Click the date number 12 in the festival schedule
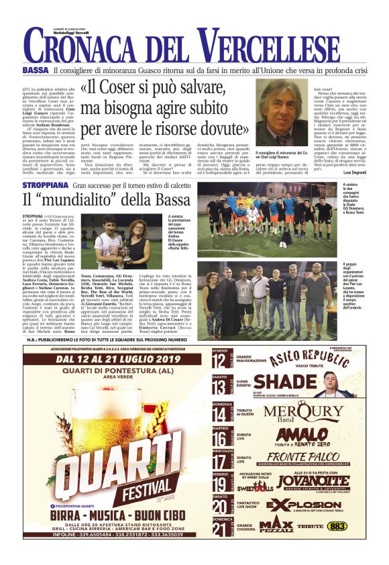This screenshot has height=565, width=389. pos(219,360)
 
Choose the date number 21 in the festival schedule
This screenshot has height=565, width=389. pos(219,528)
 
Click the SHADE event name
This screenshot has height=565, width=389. pos(285,382)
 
